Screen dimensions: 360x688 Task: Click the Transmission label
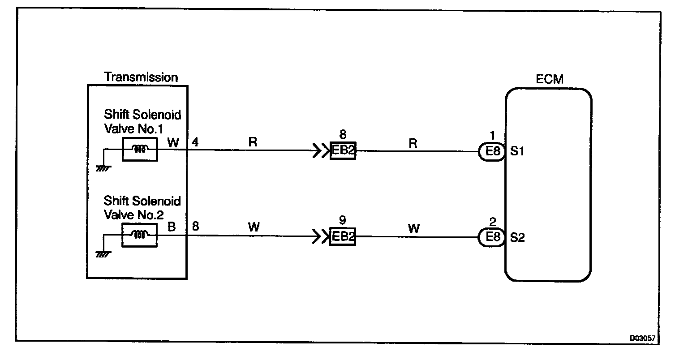pyautogui.click(x=141, y=77)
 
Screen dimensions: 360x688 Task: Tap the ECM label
pyautogui.click(x=549, y=80)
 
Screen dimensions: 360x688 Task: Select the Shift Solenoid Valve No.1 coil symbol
pyautogui.click(x=140, y=149)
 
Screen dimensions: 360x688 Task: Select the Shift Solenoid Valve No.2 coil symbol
pyautogui.click(x=140, y=235)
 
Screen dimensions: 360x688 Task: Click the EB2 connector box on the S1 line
pyautogui.click(x=343, y=151)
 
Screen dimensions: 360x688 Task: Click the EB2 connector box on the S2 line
pyautogui.click(x=343, y=237)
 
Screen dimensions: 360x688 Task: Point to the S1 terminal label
pyautogui.click(x=517, y=151)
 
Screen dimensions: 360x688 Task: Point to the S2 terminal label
pyautogui.click(x=517, y=237)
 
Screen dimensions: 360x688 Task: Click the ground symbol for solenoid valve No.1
pyautogui.click(x=103, y=168)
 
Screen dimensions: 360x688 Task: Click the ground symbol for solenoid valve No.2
pyautogui.click(x=103, y=254)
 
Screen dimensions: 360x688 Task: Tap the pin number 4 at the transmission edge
pyautogui.click(x=195, y=142)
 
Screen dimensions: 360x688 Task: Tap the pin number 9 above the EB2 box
pyautogui.click(x=343, y=221)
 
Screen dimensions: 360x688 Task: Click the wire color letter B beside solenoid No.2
pyautogui.click(x=172, y=227)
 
